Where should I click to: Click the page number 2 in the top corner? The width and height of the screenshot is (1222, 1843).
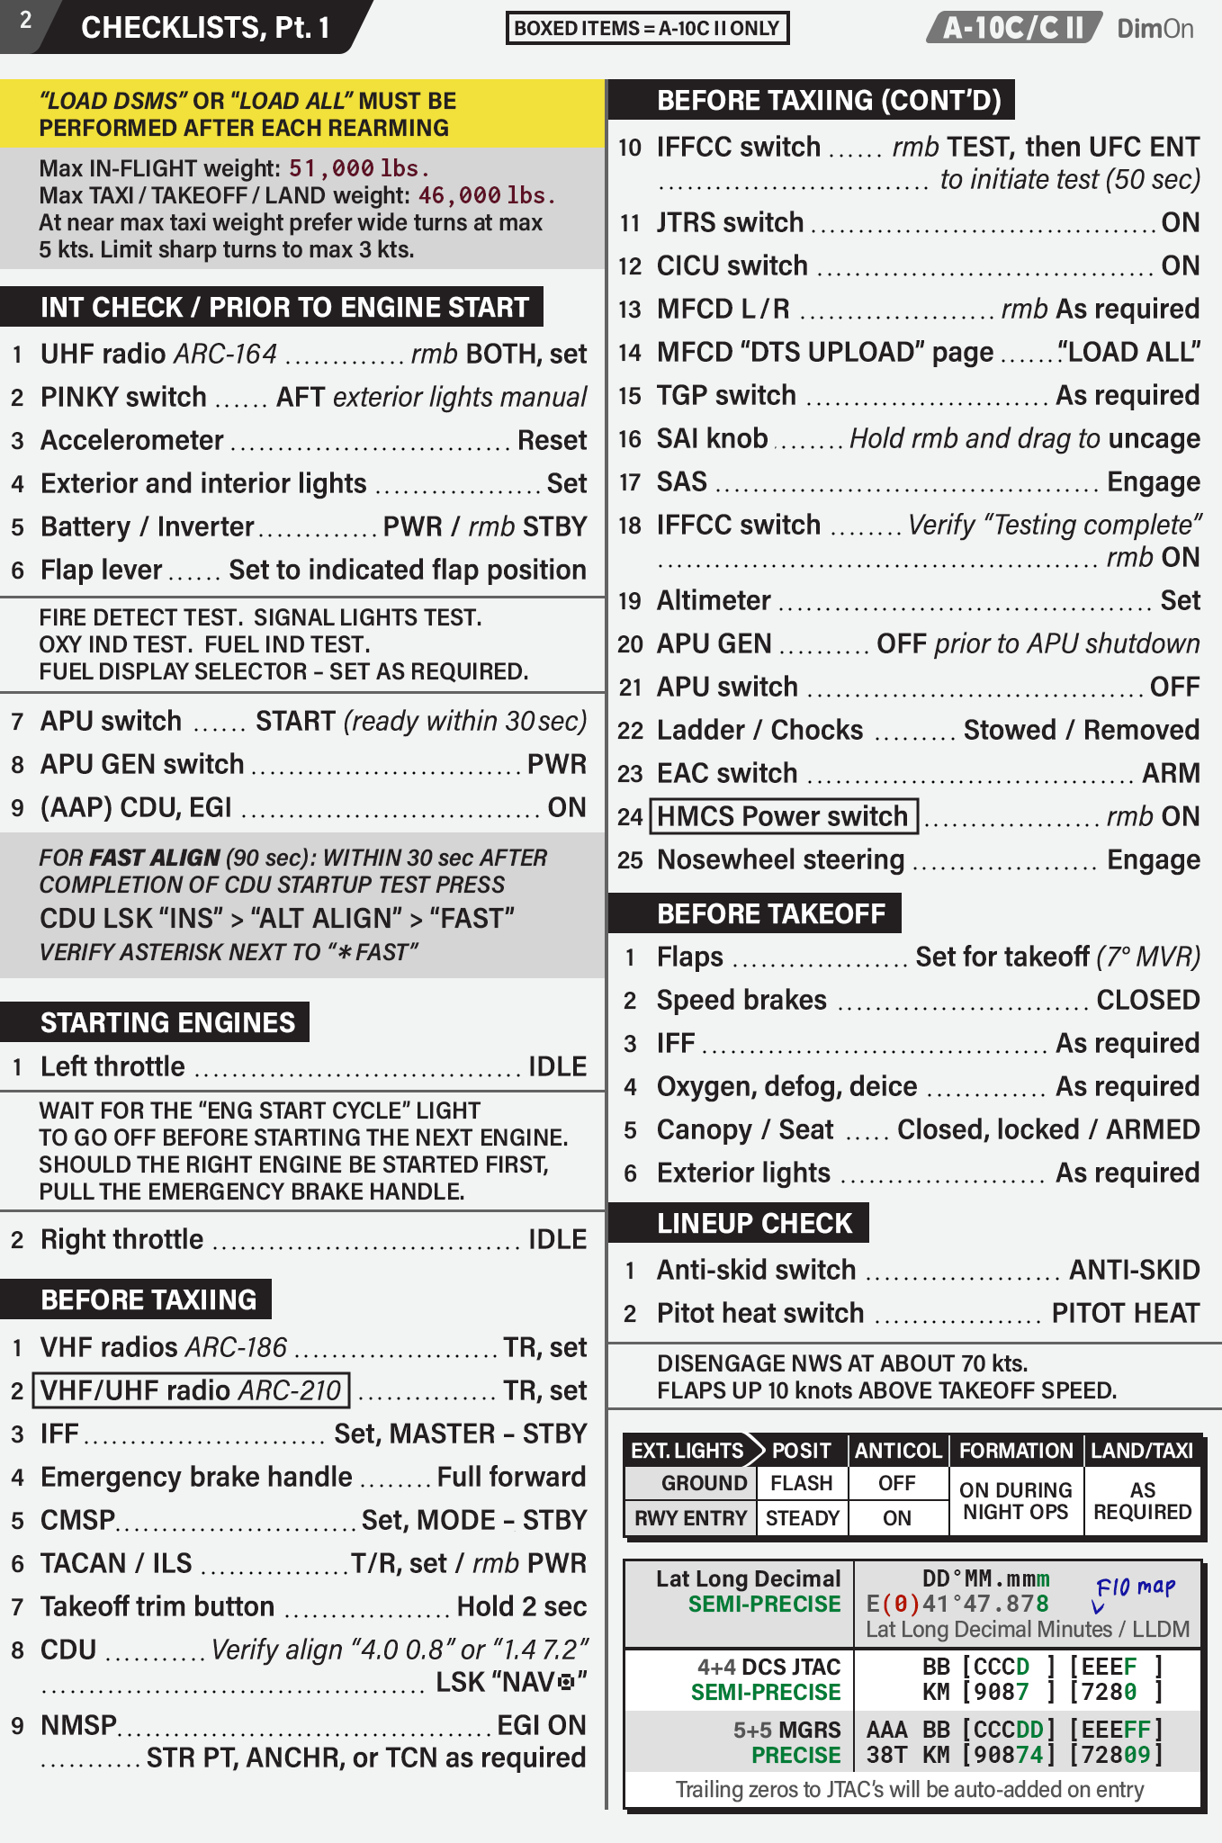pyautogui.click(x=25, y=21)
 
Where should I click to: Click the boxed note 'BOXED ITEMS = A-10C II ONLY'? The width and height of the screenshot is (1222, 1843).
pyautogui.click(x=647, y=28)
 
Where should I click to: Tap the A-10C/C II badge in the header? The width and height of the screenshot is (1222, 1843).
pyautogui.click(x=1013, y=28)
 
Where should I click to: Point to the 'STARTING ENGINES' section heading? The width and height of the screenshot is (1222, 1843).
pyautogui.click(x=167, y=1022)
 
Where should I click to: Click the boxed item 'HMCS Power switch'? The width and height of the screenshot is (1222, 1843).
pyautogui.click(x=783, y=816)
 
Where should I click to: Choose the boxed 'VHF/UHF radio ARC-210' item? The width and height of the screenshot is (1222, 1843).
pyautogui.click(x=191, y=1390)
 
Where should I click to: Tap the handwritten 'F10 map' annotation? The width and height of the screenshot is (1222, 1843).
pyautogui.click(x=1135, y=1587)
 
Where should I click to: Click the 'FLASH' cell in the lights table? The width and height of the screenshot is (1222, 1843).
pyautogui.click(x=801, y=1483)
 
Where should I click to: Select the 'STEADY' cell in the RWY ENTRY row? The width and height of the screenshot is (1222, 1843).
pyautogui.click(x=802, y=1518)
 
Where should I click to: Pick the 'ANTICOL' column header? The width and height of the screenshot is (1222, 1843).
pyautogui.click(x=897, y=1451)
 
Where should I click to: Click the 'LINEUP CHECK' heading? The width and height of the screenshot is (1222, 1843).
pyautogui.click(x=754, y=1223)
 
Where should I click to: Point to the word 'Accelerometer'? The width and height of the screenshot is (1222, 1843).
pyautogui.click(x=131, y=440)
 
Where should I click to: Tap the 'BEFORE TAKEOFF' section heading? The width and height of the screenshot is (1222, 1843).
pyautogui.click(x=771, y=913)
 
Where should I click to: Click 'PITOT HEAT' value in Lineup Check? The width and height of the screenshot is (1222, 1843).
pyautogui.click(x=1125, y=1313)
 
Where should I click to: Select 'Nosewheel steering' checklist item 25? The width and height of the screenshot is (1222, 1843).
pyautogui.click(x=780, y=859)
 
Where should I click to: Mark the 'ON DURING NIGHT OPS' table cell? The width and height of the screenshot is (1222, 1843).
pyautogui.click(x=1015, y=1501)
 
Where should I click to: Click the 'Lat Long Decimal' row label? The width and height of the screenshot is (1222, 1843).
pyautogui.click(x=748, y=1578)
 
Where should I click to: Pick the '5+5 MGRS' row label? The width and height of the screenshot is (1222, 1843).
pyautogui.click(x=786, y=1730)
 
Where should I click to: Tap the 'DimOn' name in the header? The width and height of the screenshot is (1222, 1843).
pyautogui.click(x=1155, y=28)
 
